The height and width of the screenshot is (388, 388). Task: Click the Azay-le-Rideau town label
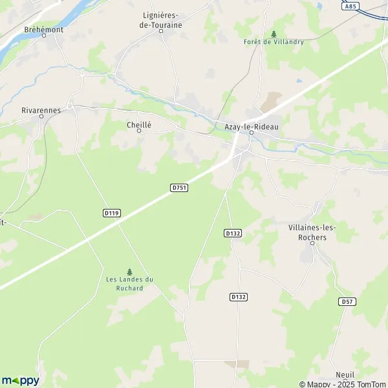251,127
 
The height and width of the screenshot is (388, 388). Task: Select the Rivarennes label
41,111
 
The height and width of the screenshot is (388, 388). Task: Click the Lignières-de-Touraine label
161,20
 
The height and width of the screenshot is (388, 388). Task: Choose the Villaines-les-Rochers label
308,233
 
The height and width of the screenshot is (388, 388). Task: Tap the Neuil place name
346,375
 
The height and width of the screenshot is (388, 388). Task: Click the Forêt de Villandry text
274,42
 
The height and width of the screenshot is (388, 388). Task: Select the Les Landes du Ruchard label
129,283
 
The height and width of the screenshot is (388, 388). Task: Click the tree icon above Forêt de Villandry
274,34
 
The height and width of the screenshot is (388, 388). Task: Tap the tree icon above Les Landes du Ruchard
129,272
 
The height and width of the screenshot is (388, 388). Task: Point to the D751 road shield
179,188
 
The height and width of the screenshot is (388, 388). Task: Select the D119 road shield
111,212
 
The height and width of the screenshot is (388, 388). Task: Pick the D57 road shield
347,301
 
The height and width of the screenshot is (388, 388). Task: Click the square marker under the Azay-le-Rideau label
252,134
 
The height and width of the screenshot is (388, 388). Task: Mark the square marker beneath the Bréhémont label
44,36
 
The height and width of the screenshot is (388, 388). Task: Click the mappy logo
20,380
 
